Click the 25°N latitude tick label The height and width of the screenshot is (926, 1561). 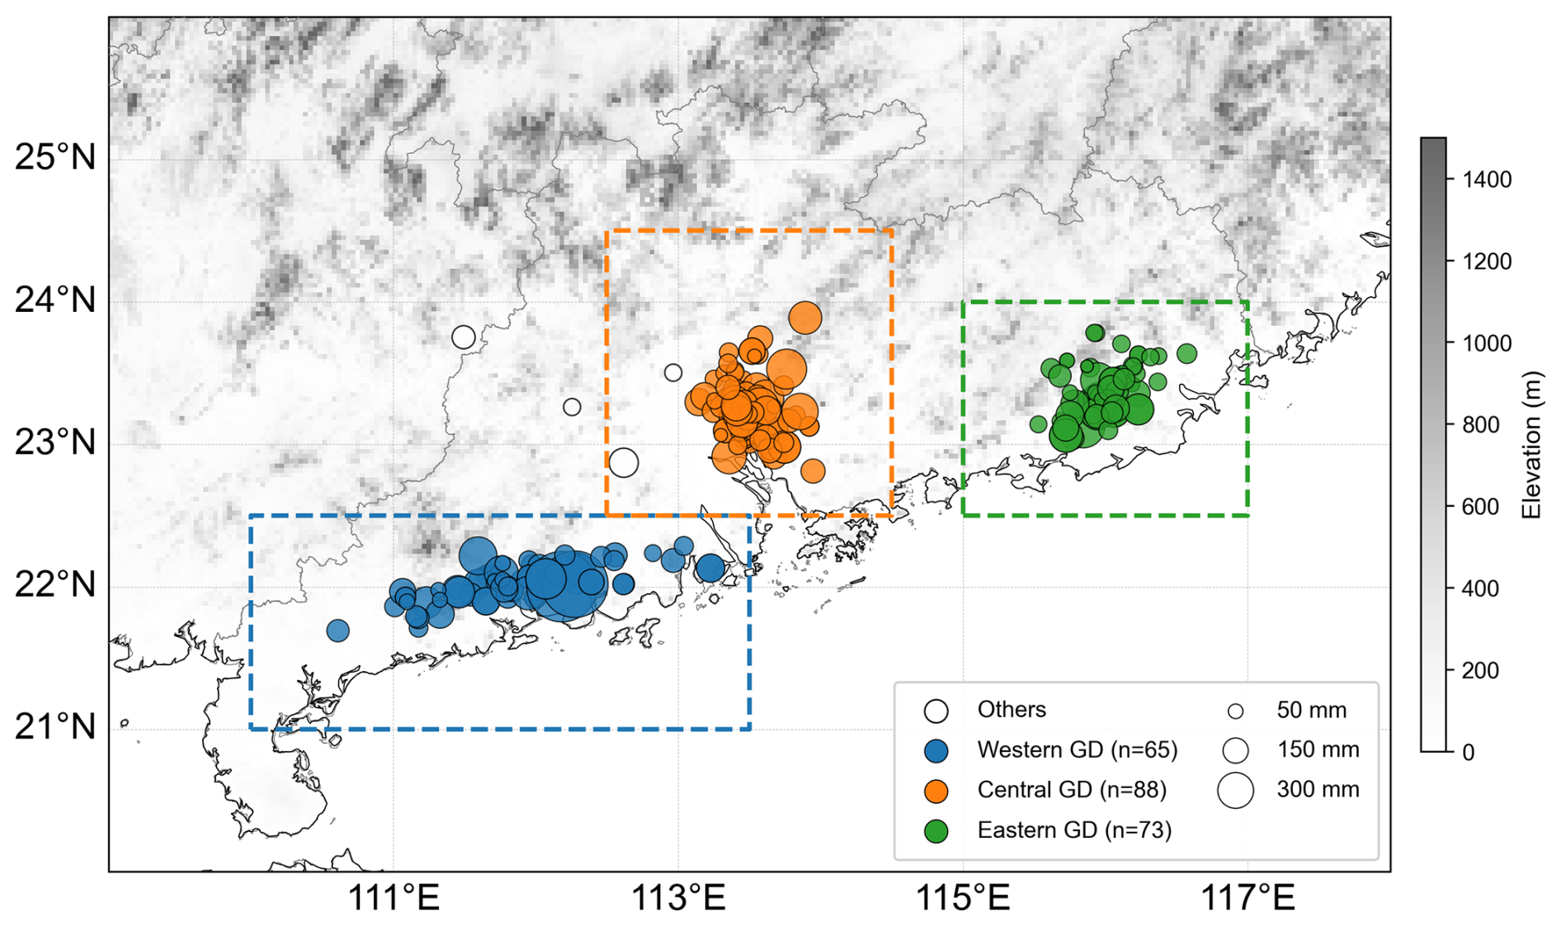coord(55,157)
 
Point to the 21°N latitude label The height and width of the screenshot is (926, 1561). coord(55,727)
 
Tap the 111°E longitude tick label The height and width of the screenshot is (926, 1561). coord(394,898)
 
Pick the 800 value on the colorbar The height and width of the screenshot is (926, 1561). coord(1482,424)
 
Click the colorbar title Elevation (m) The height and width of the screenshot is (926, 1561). coord(1531,445)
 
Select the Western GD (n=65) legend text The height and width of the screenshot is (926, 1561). coord(1078,749)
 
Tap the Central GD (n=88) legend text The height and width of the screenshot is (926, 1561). coord(1072,790)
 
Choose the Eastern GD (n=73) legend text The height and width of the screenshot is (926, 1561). coord(1074,829)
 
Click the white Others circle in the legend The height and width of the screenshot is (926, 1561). coord(936,711)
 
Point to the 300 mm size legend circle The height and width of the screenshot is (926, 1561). coord(1235,790)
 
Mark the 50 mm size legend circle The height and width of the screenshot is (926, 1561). coord(1235,711)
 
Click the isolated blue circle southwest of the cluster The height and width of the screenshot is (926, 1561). coord(337,631)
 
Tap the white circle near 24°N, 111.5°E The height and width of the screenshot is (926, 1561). coord(464,337)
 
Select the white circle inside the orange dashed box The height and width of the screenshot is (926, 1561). coord(624,462)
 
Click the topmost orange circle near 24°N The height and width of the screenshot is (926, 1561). coord(805,318)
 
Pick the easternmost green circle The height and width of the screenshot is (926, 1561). coord(1186,353)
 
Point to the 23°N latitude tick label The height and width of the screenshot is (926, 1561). coord(55,442)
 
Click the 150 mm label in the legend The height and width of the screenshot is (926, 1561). coord(1318,749)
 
